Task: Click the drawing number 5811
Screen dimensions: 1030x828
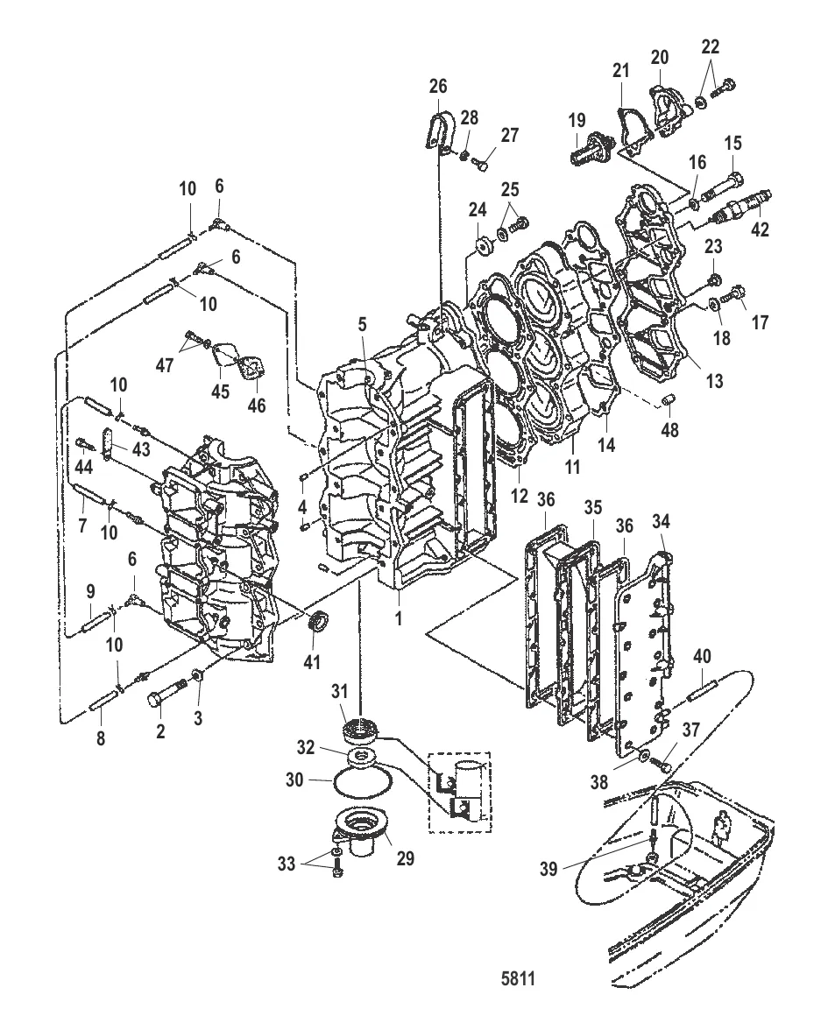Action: [519, 975]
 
